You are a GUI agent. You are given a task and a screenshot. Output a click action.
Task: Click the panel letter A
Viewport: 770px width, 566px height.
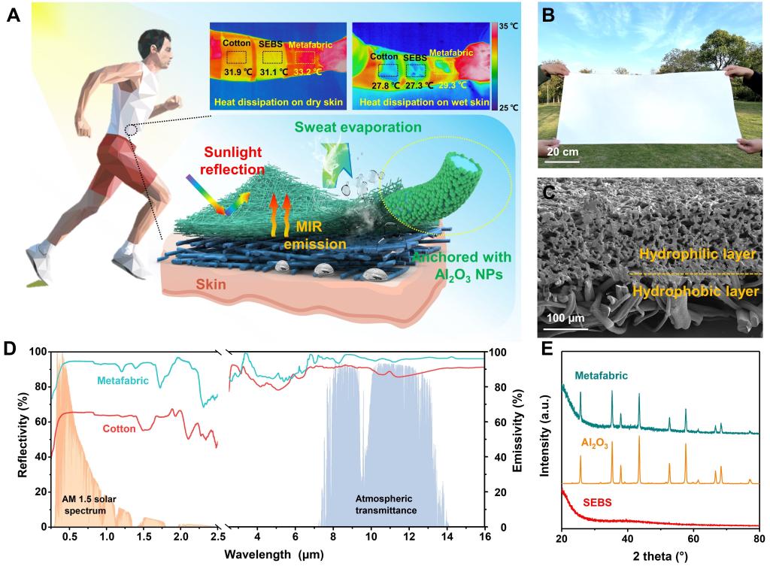click(x=13, y=15)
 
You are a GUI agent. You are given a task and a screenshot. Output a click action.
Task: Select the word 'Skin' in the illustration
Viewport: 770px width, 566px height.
click(x=211, y=286)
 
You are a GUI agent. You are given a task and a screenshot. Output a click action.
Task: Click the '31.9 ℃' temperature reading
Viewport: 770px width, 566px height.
click(x=237, y=72)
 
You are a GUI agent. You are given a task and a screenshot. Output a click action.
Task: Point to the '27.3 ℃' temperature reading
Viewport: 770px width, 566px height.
click(x=420, y=85)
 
